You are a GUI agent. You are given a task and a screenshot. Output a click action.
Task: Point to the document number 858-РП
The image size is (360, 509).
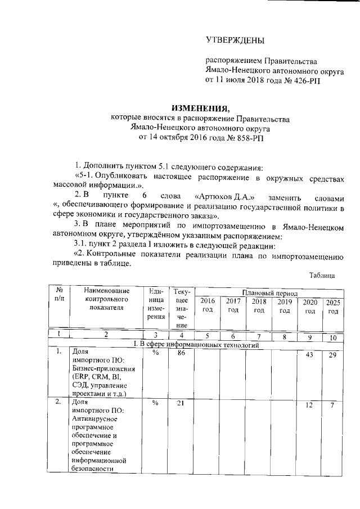click(208, 137)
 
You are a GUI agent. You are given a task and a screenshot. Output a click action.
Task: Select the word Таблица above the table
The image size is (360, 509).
click(322, 275)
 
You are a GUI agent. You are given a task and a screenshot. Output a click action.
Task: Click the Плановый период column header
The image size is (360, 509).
click(268, 292)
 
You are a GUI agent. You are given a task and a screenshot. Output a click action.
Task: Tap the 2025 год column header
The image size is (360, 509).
click(332, 307)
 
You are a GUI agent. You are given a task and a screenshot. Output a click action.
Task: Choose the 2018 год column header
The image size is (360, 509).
click(259, 306)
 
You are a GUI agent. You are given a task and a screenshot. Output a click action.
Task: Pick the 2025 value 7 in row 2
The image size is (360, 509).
click(333, 407)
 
